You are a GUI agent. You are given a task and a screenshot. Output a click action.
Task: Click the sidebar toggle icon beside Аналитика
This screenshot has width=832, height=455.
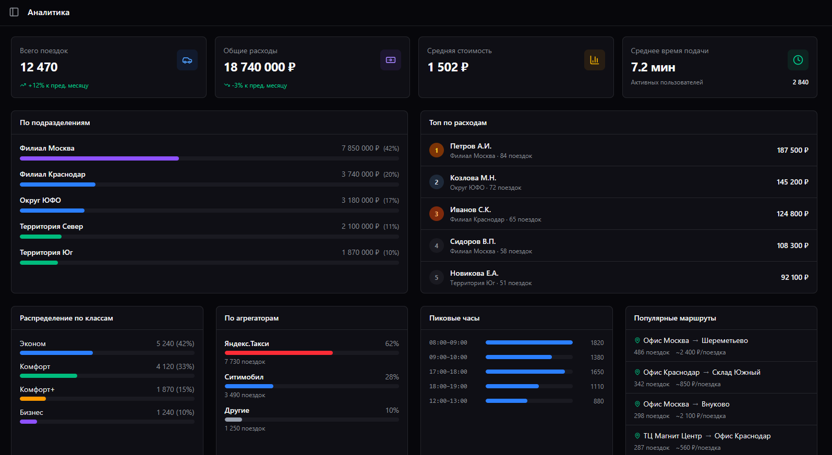14,12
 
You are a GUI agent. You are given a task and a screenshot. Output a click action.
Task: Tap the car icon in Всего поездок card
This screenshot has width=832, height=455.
187,60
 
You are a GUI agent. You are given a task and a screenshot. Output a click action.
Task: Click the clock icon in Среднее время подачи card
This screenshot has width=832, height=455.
798,60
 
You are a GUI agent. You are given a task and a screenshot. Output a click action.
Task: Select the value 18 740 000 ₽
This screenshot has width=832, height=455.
259,67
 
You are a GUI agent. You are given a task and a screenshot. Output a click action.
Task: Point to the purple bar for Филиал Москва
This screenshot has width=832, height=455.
99,158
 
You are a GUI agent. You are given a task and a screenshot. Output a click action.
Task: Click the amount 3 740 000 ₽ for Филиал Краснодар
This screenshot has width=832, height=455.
360,174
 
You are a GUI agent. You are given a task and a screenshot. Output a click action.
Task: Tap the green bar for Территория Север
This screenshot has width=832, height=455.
41,237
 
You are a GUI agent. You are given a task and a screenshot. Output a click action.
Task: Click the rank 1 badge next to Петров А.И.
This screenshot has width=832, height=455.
437,150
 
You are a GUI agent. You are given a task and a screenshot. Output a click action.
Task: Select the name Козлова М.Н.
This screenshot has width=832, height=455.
473,178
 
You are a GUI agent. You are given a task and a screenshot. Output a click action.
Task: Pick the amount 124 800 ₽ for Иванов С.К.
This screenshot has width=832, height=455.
792,214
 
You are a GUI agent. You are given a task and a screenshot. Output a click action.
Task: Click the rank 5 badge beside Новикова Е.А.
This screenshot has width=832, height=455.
437,277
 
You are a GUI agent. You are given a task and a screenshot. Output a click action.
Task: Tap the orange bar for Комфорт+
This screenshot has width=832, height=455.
33,399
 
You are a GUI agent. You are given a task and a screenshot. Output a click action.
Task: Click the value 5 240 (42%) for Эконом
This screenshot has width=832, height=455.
175,343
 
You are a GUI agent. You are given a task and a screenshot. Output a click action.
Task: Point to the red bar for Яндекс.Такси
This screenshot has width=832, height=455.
279,353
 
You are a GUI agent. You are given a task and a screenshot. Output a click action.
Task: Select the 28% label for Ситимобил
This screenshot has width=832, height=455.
392,377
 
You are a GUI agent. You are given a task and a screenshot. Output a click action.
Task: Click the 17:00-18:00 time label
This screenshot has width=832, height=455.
448,372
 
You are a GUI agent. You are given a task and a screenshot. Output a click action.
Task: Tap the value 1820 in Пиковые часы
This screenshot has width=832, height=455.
597,342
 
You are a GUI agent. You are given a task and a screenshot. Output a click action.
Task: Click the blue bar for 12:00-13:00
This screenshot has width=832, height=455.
506,401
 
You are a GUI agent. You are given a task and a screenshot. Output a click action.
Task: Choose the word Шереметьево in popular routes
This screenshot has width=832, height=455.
725,340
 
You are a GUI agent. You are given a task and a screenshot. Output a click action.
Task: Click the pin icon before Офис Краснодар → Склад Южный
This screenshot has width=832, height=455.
637,372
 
